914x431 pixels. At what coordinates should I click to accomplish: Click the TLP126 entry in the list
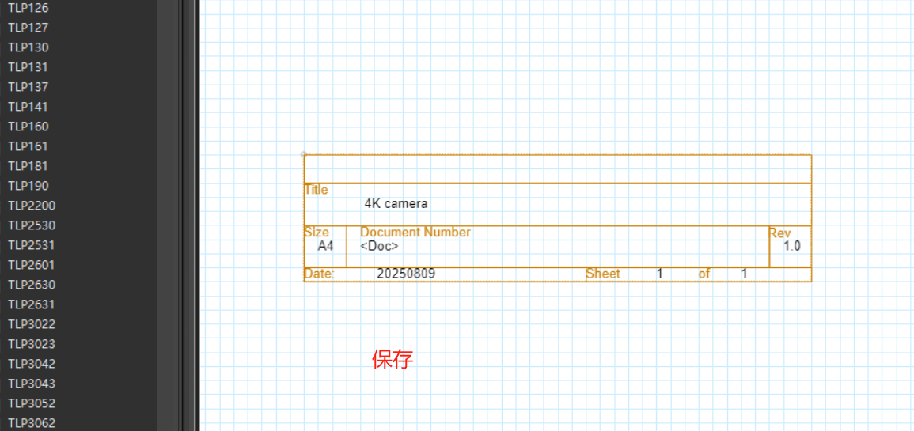pyautogui.click(x=28, y=8)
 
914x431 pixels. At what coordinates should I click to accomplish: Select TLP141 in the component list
pyautogui.click(x=28, y=107)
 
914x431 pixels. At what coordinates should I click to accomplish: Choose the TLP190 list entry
pyautogui.click(x=28, y=186)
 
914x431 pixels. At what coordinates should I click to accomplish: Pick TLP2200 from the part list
pyautogui.click(x=32, y=206)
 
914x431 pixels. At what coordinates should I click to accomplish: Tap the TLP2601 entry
pyautogui.click(x=32, y=265)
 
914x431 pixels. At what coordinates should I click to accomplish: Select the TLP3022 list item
pyautogui.click(x=32, y=324)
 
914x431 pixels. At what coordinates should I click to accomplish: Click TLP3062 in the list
pyautogui.click(x=32, y=423)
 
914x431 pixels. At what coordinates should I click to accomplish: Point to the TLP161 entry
pyautogui.click(x=28, y=146)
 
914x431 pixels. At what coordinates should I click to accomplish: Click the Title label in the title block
pyautogui.click(x=316, y=190)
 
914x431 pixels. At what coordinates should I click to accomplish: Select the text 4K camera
pyautogui.click(x=396, y=203)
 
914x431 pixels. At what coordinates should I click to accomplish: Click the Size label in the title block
pyautogui.click(x=316, y=233)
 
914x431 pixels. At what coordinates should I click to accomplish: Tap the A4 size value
pyautogui.click(x=326, y=246)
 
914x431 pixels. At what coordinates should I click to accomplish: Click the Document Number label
pyautogui.click(x=415, y=233)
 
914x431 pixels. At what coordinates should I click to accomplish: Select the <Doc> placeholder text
pyautogui.click(x=379, y=246)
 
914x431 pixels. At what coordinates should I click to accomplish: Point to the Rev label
pyautogui.click(x=779, y=233)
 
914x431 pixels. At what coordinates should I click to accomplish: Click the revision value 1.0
pyautogui.click(x=791, y=246)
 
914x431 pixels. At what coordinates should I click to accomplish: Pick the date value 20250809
pyautogui.click(x=406, y=274)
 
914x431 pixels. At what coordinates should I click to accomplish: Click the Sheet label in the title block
pyautogui.click(x=603, y=274)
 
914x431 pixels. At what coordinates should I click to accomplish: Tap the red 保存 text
pyautogui.click(x=393, y=360)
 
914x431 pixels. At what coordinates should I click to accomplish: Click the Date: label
pyautogui.click(x=320, y=274)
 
